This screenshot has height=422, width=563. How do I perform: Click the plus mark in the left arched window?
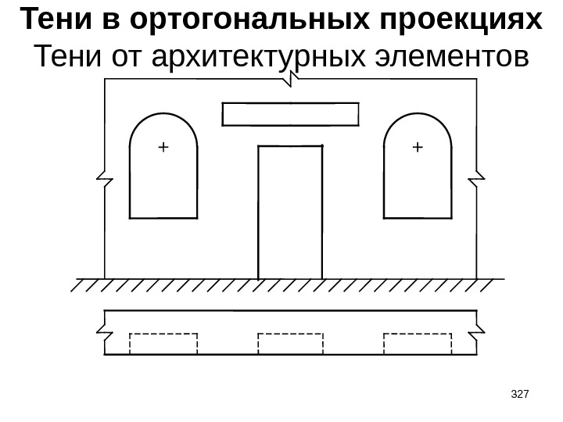(x=163, y=146)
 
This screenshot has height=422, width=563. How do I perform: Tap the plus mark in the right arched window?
(x=416, y=146)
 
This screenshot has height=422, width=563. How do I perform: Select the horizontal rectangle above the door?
(x=291, y=114)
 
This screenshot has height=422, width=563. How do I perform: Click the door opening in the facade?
(x=290, y=211)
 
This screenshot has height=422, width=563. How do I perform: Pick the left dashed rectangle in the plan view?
(x=163, y=344)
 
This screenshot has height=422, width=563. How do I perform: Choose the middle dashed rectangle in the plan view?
(x=290, y=344)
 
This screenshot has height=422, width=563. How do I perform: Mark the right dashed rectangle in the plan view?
(x=418, y=344)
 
